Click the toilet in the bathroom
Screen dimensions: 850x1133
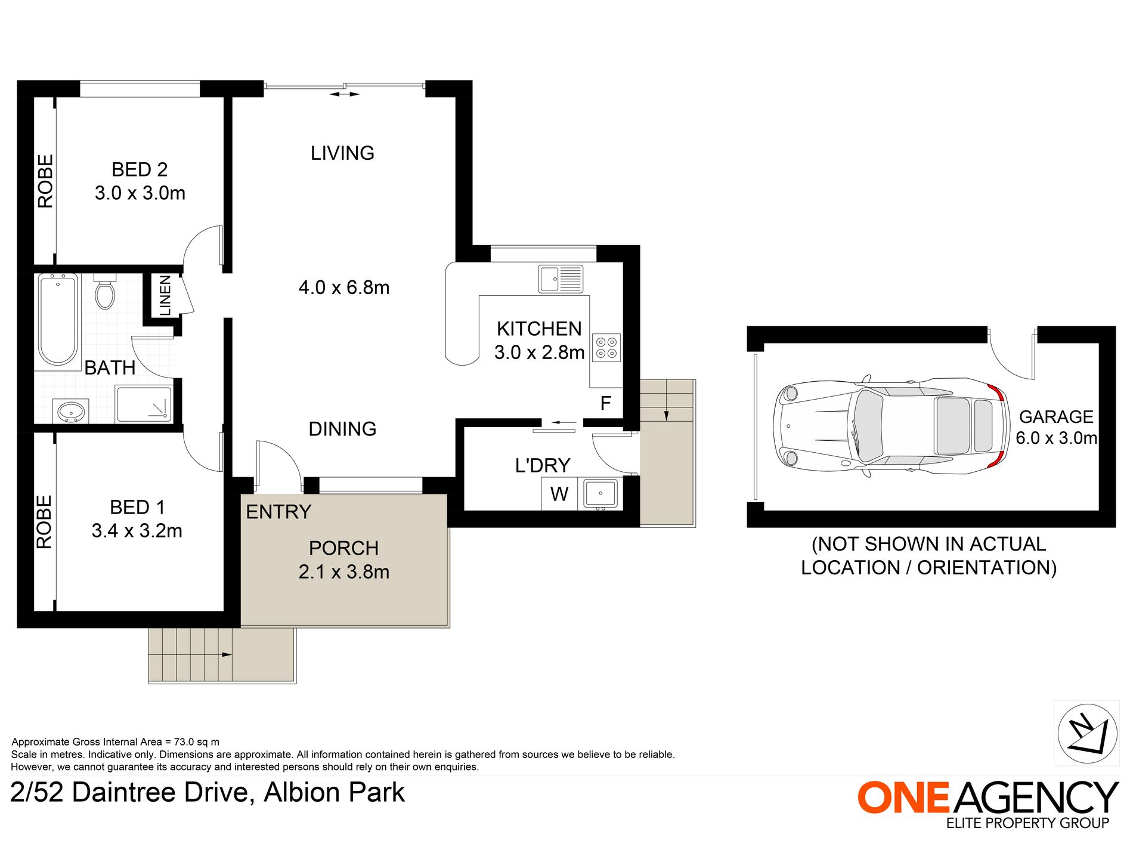click(x=105, y=292)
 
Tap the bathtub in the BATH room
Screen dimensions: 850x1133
click(x=58, y=320)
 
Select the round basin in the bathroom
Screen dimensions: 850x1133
click(x=71, y=412)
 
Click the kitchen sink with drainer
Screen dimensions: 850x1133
click(x=561, y=279)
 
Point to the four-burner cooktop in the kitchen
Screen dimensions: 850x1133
click(x=606, y=348)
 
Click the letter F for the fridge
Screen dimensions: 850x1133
click(x=605, y=404)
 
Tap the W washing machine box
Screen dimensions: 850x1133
click(x=559, y=494)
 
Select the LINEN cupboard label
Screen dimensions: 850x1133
click(x=165, y=295)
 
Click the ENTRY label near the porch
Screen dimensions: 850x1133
click(x=278, y=512)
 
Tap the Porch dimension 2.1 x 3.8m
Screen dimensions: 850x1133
click(x=343, y=572)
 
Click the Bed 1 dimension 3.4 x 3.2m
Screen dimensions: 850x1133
click(x=137, y=531)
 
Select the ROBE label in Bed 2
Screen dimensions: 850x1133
click(x=45, y=181)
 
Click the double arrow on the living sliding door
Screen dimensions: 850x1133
click(x=345, y=94)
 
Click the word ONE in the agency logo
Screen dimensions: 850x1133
click(x=903, y=798)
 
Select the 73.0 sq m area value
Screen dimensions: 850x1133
click(x=196, y=742)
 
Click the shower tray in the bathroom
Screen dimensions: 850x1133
click(x=144, y=404)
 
